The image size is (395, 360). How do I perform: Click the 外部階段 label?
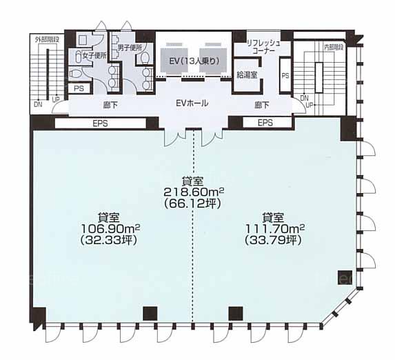click(x=47, y=39)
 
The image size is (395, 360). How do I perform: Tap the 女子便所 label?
click(x=94, y=56)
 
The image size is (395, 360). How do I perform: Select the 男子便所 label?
click(x=130, y=48)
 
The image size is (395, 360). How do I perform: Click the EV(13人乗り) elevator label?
click(x=194, y=61)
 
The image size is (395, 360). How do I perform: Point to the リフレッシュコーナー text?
click(x=263, y=47)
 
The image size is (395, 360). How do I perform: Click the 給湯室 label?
click(x=247, y=74)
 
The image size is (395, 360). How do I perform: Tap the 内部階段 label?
click(x=334, y=48)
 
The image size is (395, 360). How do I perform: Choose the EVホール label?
click(x=192, y=103)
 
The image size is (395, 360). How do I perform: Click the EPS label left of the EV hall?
click(x=100, y=123)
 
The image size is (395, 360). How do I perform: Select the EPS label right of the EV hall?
click(x=265, y=123)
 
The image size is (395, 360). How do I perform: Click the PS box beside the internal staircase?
click(x=285, y=75)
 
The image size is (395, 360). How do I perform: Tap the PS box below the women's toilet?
click(x=79, y=88)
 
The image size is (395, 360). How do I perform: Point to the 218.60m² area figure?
click(x=194, y=192)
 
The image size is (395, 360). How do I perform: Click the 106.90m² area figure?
click(x=110, y=229)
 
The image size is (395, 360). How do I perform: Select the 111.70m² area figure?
click(x=275, y=229)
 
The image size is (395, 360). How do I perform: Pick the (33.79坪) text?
click(x=273, y=240)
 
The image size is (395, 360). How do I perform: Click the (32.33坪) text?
click(x=109, y=240)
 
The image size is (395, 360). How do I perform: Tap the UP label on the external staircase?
click(x=56, y=99)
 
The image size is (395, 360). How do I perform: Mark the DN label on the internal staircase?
click(x=304, y=98)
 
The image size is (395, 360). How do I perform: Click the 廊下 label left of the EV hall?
click(x=110, y=105)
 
